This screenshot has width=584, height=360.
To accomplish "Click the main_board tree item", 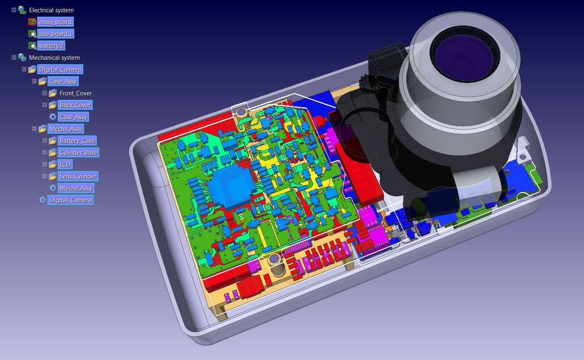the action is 55,22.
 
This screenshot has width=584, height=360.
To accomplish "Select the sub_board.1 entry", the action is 56,34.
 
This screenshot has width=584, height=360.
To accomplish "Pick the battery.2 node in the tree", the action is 51,46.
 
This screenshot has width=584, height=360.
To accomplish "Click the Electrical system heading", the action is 51,10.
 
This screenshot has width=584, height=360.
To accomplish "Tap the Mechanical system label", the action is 54,58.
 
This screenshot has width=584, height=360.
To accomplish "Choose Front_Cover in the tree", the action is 75,93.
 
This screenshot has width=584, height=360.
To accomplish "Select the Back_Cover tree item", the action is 75,105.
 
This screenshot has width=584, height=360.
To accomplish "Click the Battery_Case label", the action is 77,140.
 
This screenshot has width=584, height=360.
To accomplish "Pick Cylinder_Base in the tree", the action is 78,153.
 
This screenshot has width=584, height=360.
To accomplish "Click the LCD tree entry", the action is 65,165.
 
